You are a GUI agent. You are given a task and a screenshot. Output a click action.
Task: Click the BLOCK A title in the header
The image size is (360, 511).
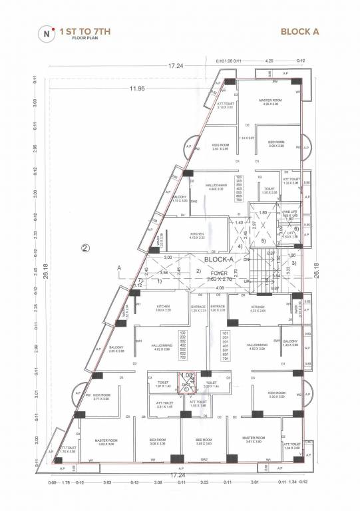tap(299, 31)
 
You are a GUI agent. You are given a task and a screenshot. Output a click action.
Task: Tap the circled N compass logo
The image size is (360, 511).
tap(45, 31)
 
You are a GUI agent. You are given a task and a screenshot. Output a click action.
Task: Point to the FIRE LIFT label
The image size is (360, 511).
tap(289, 214)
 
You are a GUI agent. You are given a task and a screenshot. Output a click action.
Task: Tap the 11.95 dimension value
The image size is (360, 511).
tap(138, 88)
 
